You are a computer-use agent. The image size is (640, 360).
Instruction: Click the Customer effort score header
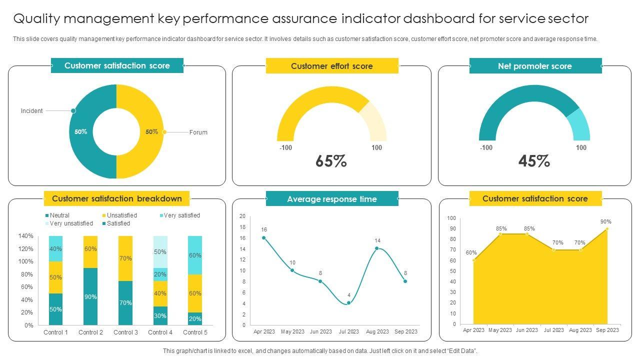coord(332,66)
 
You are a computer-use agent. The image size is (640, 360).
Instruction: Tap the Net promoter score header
coord(534,66)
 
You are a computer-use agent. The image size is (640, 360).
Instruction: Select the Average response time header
coord(331,199)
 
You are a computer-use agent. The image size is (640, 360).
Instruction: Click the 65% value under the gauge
coord(331,161)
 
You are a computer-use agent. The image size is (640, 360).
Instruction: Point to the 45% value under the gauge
coord(534,161)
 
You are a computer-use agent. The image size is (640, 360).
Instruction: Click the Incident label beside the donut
coord(31,111)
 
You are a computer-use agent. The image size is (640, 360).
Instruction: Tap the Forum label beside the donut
coord(198,132)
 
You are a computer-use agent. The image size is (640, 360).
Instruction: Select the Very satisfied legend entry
coord(181,215)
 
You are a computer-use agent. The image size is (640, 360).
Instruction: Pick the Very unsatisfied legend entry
coord(71,223)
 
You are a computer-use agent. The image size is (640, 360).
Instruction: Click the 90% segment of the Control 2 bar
coord(90,296)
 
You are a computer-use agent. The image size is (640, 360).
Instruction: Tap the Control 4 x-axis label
coord(160,332)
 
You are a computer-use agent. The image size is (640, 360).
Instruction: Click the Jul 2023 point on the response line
coord(348,303)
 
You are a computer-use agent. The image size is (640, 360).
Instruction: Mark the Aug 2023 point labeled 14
coord(377,248)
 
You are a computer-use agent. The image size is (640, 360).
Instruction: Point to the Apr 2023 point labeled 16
coord(264,238)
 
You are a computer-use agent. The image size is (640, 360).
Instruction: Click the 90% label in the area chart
coord(605,221)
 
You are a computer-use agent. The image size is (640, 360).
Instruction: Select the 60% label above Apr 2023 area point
coord(471,252)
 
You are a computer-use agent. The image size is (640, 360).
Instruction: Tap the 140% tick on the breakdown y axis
coord(25,236)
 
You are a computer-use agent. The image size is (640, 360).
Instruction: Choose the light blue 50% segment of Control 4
coord(160,251)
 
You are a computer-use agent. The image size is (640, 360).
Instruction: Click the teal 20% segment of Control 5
coord(195,318)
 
